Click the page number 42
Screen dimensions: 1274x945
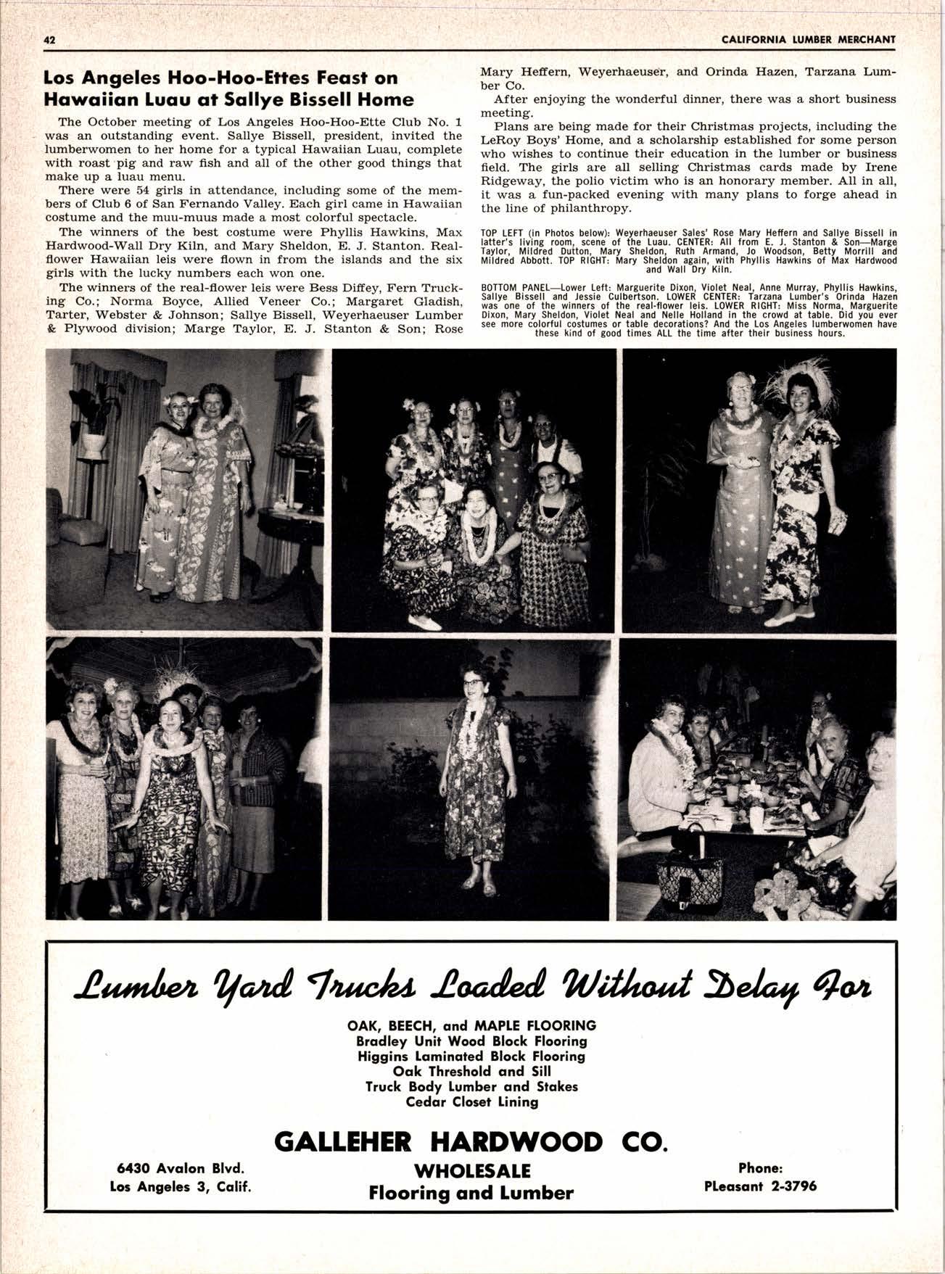coord(50,40)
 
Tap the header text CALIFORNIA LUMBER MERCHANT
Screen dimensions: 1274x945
coord(809,40)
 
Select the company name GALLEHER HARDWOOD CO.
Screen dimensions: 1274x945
coord(469,1141)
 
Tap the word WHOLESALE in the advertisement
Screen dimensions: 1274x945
coord(471,1170)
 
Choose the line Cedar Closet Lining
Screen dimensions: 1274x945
coord(471,1102)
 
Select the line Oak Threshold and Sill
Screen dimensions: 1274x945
coord(471,1071)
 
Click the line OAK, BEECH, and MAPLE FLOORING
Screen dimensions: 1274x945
coord(471,1025)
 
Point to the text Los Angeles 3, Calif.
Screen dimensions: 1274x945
coord(180,1187)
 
